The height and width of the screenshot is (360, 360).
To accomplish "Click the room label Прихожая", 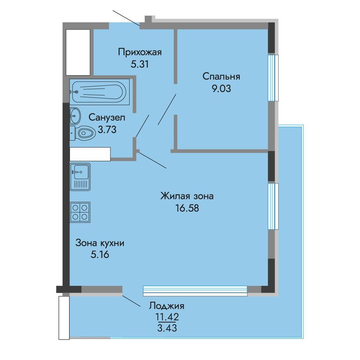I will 140,52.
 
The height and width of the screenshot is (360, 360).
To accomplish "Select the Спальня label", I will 221,76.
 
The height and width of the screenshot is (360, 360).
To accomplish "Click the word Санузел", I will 107,118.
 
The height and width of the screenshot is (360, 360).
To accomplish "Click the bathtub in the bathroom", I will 99,90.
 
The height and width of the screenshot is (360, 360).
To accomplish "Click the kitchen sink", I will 80,177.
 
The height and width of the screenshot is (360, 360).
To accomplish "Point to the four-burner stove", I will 80,212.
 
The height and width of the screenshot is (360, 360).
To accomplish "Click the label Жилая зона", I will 187,196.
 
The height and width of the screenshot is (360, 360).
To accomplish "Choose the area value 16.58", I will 187,207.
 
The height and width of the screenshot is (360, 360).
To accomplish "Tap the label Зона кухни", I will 100,243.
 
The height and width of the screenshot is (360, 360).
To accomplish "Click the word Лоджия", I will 167,306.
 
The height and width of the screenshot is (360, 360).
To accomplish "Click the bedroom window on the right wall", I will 272,77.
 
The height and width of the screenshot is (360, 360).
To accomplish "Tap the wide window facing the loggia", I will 195,290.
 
